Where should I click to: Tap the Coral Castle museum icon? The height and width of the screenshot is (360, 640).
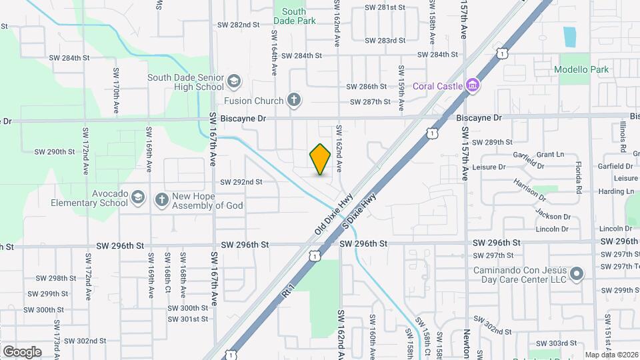(x=473, y=85)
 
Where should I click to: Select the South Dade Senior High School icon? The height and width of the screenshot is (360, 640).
(x=233, y=81)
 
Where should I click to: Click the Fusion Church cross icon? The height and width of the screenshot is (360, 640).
(x=293, y=101)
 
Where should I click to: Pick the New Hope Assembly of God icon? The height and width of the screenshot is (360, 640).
(x=161, y=199)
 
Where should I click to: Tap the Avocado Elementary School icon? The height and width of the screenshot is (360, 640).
(x=137, y=198)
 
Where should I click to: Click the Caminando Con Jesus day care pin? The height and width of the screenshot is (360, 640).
(x=577, y=274)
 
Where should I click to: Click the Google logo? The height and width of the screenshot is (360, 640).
(x=22, y=351)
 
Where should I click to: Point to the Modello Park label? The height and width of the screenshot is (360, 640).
(x=581, y=69)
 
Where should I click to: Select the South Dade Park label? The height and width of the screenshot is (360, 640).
(x=293, y=16)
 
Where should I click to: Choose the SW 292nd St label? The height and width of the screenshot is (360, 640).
(x=241, y=181)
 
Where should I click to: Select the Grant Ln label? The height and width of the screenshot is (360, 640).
(x=550, y=154)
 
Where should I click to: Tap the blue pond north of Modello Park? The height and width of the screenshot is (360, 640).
(x=569, y=37)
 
